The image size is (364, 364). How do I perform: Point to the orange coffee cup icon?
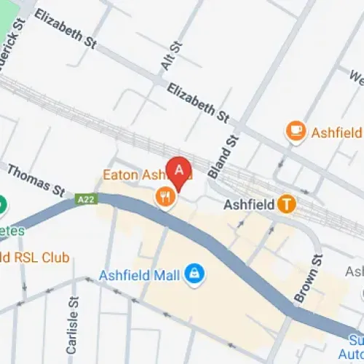pos(296,131)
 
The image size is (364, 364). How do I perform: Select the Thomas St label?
pos(36,179)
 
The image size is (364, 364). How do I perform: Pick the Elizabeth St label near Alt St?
pos(198,103)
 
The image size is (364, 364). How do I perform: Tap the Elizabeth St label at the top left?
pos(66,29)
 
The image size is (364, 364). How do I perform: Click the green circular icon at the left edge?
pos(1,205)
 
